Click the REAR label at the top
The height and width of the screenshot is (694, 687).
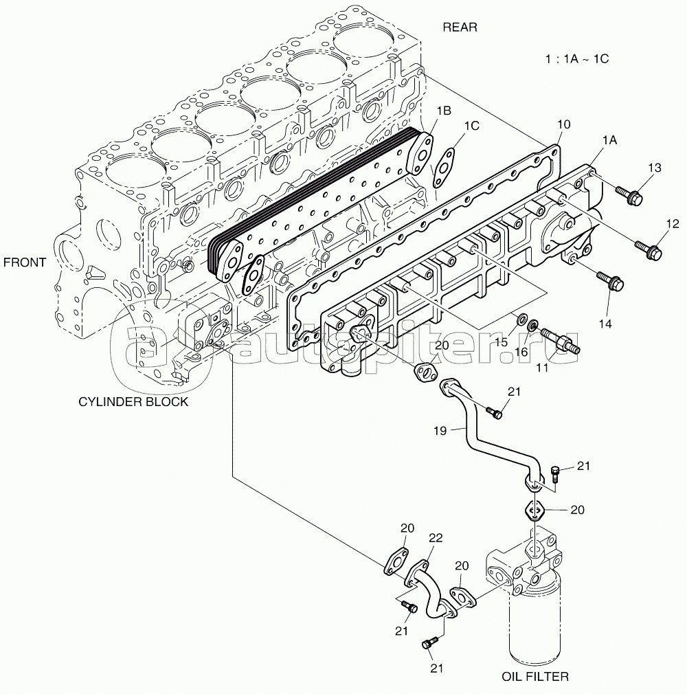pyautogui.click(x=460, y=27)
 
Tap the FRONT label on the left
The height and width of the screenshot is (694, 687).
pyautogui.click(x=24, y=262)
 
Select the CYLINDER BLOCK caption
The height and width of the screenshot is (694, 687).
pyautogui.click(x=133, y=402)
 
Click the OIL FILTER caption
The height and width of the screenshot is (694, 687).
pyautogui.click(x=534, y=677)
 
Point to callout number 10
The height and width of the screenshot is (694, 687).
pyautogui.click(x=563, y=124)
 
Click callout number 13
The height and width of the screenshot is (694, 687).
pyautogui.click(x=653, y=168)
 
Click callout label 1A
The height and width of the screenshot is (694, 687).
pyautogui.click(x=609, y=139)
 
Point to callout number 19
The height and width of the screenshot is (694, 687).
pyautogui.click(x=440, y=430)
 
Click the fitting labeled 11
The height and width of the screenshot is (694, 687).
pyautogui.click(x=559, y=341)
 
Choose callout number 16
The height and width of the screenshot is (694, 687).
pyautogui.click(x=521, y=352)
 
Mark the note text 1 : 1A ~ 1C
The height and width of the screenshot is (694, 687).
pyautogui.click(x=576, y=58)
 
